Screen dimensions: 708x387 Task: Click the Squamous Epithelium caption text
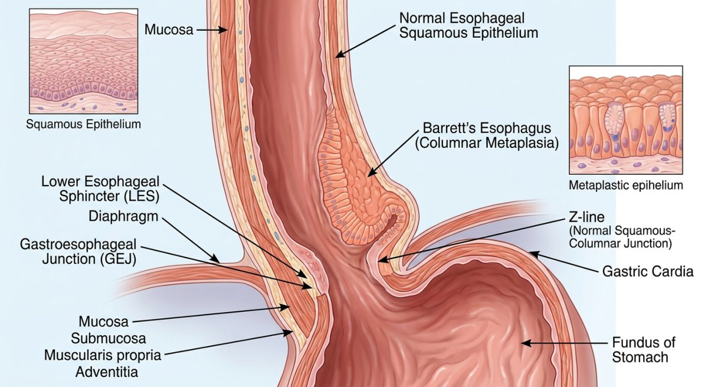click(83, 124)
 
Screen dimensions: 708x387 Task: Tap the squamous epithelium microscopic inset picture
click(83, 61)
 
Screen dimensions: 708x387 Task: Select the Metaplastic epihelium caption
click(626, 185)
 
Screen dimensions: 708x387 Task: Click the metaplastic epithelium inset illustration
click(626, 120)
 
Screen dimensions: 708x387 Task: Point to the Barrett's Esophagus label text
click(487, 128)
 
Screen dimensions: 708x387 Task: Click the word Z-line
click(586, 217)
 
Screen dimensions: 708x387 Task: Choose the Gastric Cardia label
click(648, 272)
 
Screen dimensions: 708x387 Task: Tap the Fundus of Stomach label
click(644, 350)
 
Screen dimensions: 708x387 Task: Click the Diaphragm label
click(123, 216)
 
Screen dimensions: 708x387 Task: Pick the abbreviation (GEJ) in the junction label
click(118, 259)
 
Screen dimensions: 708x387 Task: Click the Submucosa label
click(109, 339)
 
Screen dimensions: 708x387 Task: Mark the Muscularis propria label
click(103, 355)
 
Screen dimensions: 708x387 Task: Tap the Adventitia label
click(107, 372)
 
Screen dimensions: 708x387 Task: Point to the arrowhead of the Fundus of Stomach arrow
click(526, 343)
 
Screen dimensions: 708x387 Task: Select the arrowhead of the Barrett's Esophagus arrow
click(372, 173)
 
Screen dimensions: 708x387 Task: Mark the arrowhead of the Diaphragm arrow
click(215, 259)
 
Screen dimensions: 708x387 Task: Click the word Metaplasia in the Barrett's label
click(522, 143)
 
